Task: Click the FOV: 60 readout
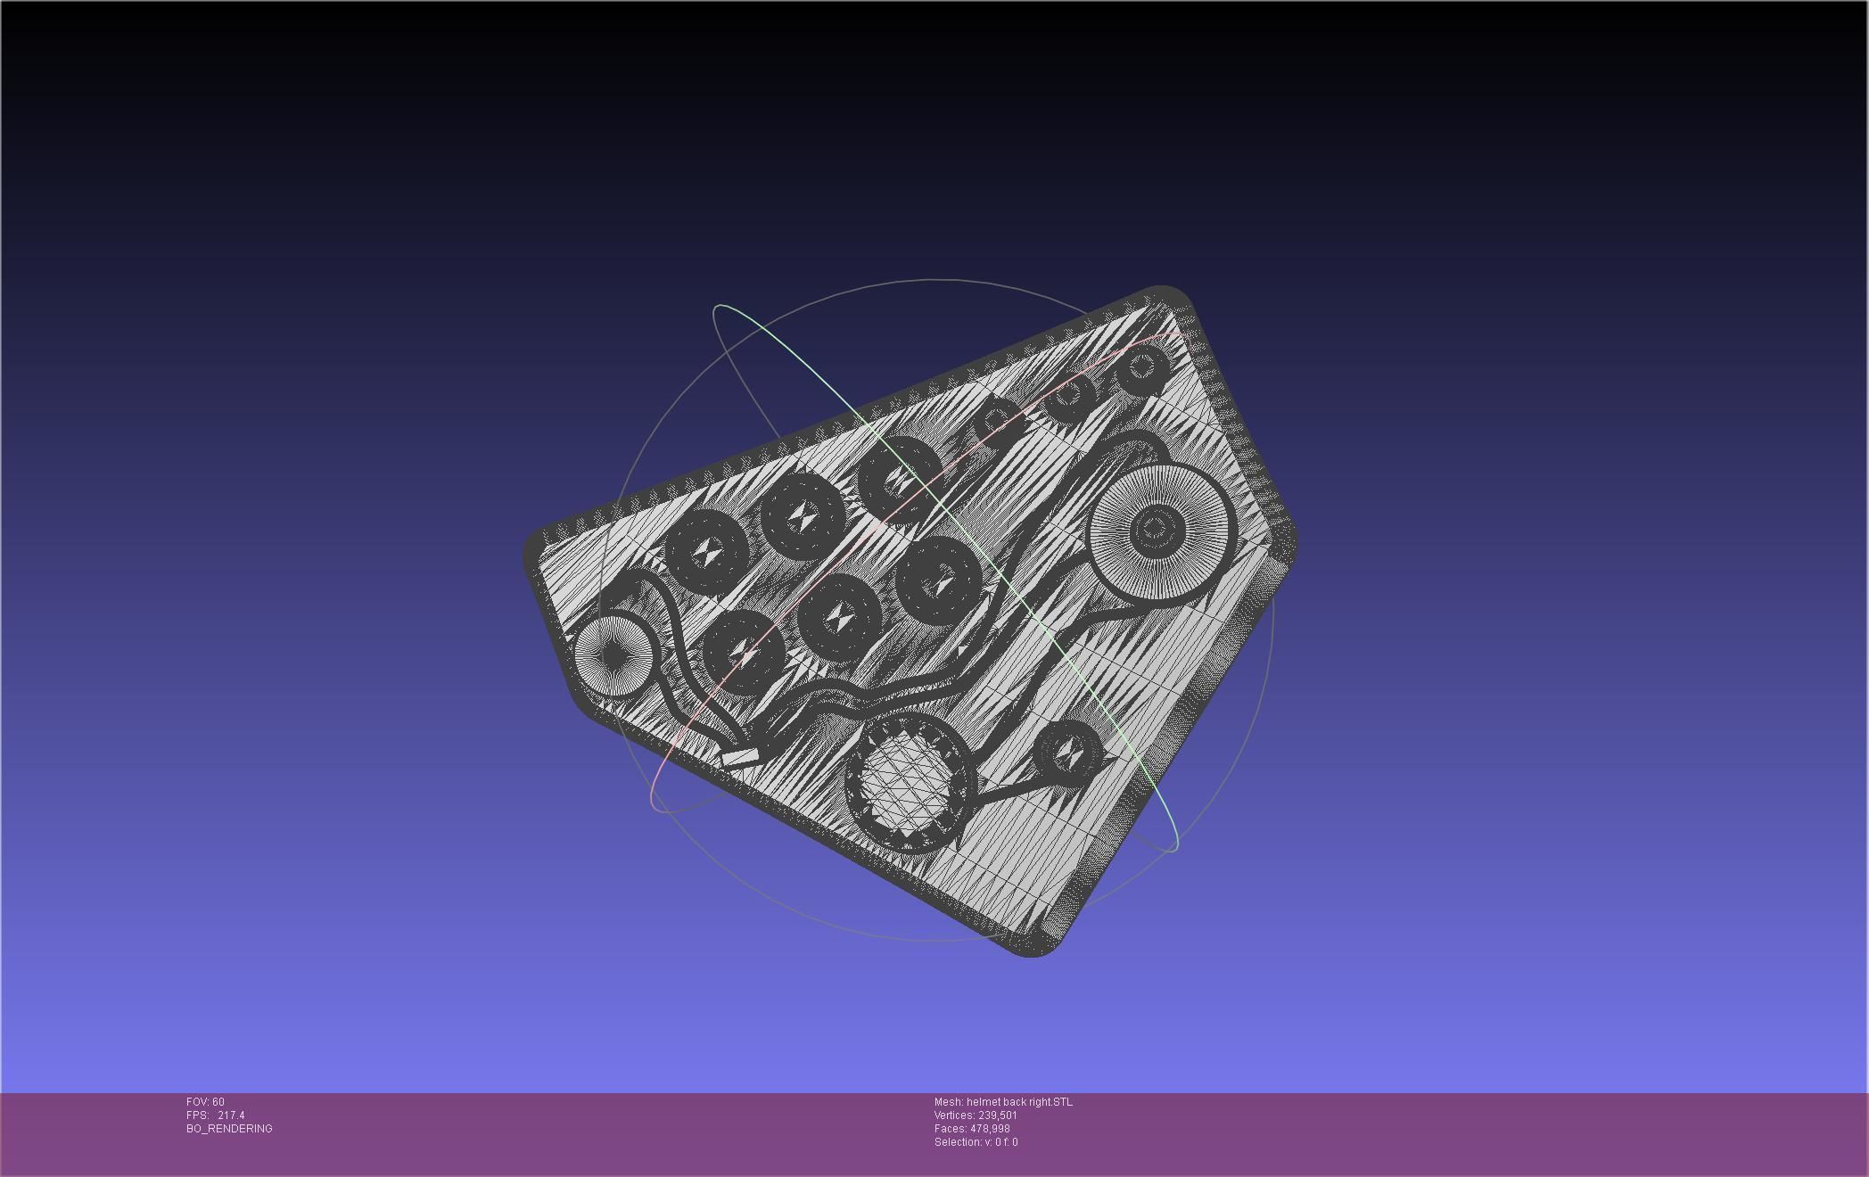[x=205, y=1102]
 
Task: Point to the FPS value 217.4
[x=230, y=1115]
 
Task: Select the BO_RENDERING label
[x=229, y=1129]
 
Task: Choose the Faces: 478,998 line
[x=972, y=1129]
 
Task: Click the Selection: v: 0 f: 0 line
[x=976, y=1142]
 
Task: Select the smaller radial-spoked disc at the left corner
[x=613, y=655]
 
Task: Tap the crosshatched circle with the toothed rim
[x=909, y=786]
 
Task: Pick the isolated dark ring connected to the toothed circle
[x=1068, y=753]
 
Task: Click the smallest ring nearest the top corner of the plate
[x=1142, y=367]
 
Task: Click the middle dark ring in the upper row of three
[x=803, y=514]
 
